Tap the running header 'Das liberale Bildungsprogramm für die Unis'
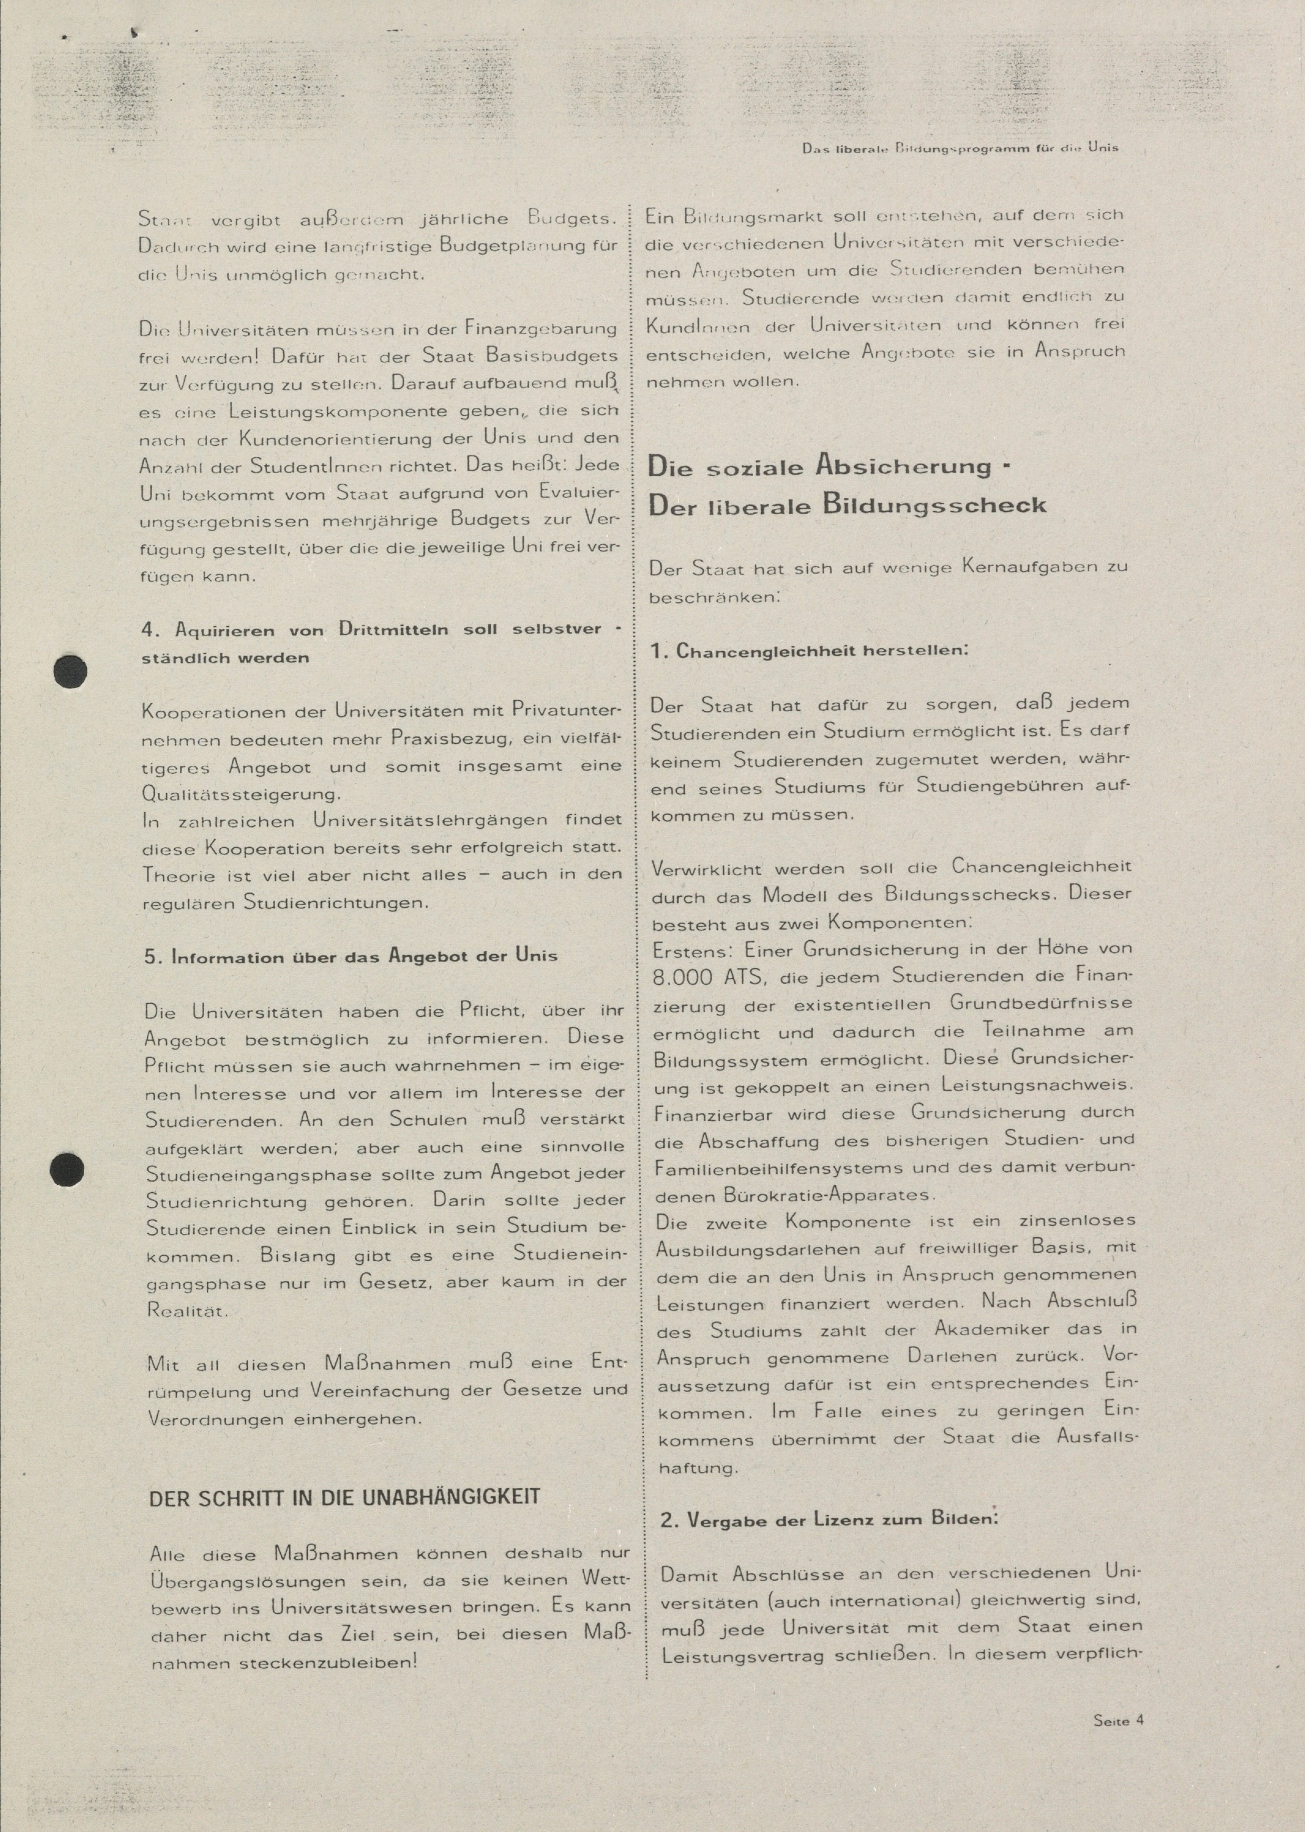pyautogui.click(x=960, y=148)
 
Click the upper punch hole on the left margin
pyautogui.click(x=70, y=671)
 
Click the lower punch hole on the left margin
pyautogui.click(x=67, y=1170)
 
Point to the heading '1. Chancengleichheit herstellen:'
pyautogui.click(x=809, y=651)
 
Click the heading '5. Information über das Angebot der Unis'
pyautogui.click(x=351, y=957)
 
